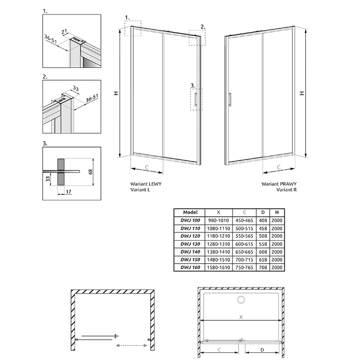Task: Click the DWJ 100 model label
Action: [190, 221]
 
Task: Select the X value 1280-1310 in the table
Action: [219, 244]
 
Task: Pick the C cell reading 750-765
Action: [244, 267]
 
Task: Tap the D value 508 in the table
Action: [263, 236]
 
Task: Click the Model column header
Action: [190, 212]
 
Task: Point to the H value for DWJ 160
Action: [277, 267]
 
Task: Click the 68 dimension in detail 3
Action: [91, 172]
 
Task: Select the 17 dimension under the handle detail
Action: [68, 191]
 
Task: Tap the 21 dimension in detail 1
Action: [64, 32]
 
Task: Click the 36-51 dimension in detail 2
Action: [92, 98]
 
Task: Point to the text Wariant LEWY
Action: [146, 184]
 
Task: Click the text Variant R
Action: [286, 190]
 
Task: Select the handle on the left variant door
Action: [195, 100]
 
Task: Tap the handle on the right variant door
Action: [230, 99]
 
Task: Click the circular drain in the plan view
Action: [241, 300]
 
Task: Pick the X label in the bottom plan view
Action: [241, 317]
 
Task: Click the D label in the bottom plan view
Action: [262, 350]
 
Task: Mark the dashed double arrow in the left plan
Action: [131, 345]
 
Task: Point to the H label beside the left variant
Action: [116, 93]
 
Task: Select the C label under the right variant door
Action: [279, 167]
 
